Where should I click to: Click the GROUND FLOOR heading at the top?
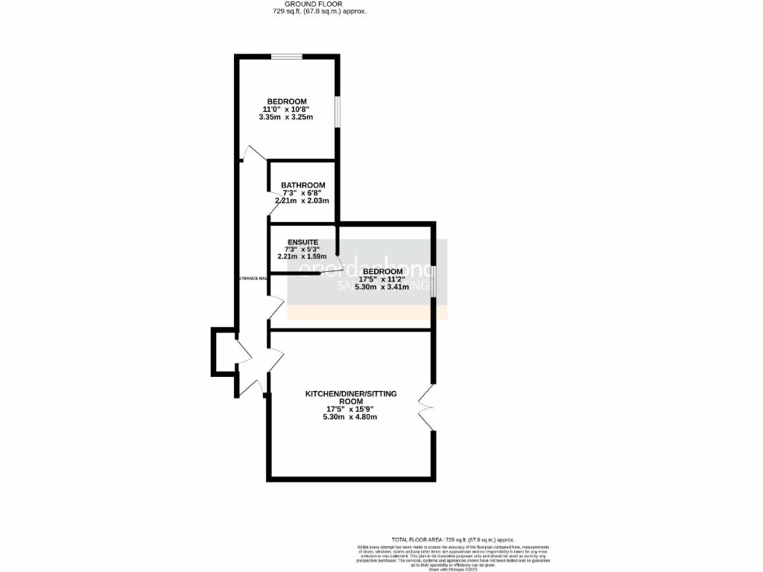coord(318,4)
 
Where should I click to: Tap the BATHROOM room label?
coord(303,185)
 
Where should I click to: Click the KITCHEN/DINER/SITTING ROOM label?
coord(351,397)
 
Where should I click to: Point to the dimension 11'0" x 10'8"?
coord(287,109)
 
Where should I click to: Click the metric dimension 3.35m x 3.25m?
coord(287,118)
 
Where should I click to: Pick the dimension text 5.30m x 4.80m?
coord(351,417)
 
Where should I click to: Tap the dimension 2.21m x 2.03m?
coord(303,201)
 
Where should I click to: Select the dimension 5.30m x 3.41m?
coord(382,287)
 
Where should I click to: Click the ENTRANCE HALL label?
coord(252,279)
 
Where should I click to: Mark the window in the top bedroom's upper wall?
coord(286,57)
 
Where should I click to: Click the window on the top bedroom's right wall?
coord(337,112)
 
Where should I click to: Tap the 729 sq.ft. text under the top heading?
coord(318,12)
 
